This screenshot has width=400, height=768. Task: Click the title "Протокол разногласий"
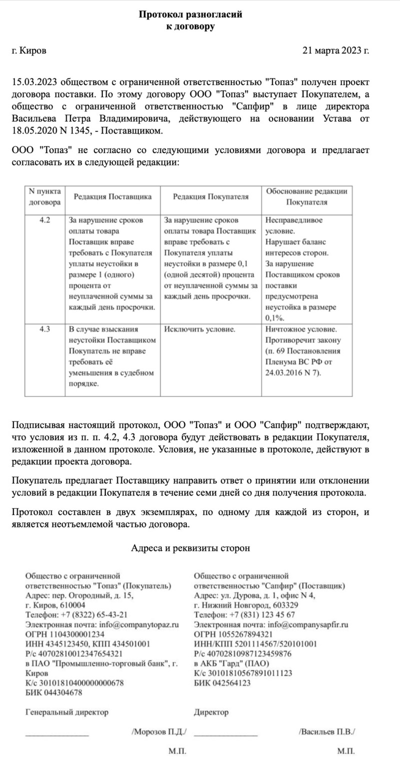tap(190, 14)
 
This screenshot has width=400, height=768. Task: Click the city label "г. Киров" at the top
tap(29, 50)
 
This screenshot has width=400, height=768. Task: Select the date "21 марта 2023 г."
tap(336, 50)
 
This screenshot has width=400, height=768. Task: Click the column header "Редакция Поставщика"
tap(112, 197)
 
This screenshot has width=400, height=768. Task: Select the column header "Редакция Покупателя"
tap(210, 197)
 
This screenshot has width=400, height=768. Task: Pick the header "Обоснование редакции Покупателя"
tap(306, 197)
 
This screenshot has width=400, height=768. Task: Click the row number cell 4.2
tap(45, 220)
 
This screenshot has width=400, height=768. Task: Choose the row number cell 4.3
tap(45, 329)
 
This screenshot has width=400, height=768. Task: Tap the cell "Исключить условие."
tap(199, 329)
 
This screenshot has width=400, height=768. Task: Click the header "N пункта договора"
tap(45, 197)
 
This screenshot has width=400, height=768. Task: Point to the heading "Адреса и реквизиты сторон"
tap(190, 548)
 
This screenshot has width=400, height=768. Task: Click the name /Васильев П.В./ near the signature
tap(327, 731)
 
